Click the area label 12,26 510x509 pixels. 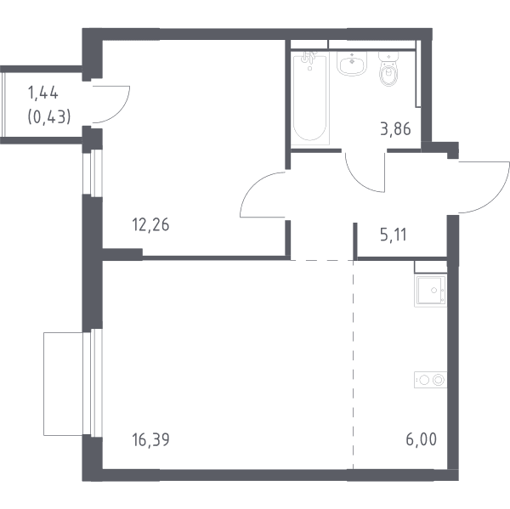click(150, 224)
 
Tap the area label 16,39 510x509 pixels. click(150, 439)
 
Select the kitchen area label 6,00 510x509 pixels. click(422, 439)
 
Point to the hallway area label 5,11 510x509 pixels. click(394, 235)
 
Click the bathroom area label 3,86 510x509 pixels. click(395, 129)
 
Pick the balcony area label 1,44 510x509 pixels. click(43, 93)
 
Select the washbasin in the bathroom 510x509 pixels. click(352, 64)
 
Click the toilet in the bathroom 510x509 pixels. click(388, 70)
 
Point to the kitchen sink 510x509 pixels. click(430, 291)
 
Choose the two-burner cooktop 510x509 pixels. click(430, 380)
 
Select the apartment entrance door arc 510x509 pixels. click(496, 199)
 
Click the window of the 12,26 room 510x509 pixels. click(93, 173)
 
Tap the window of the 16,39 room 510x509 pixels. click(93, 382)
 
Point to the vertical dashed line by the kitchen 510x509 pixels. click(354, 365)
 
